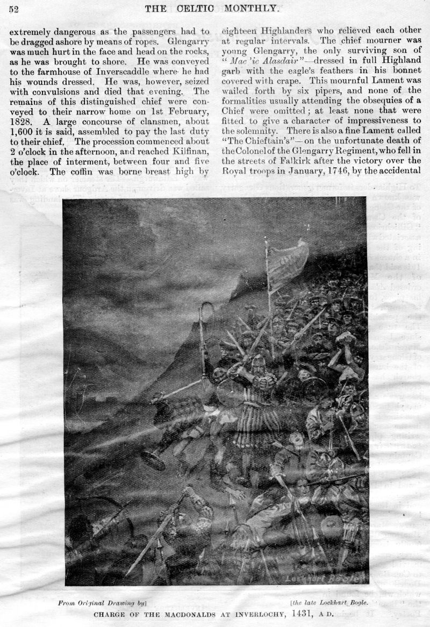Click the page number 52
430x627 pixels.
click(x=13, y=9)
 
